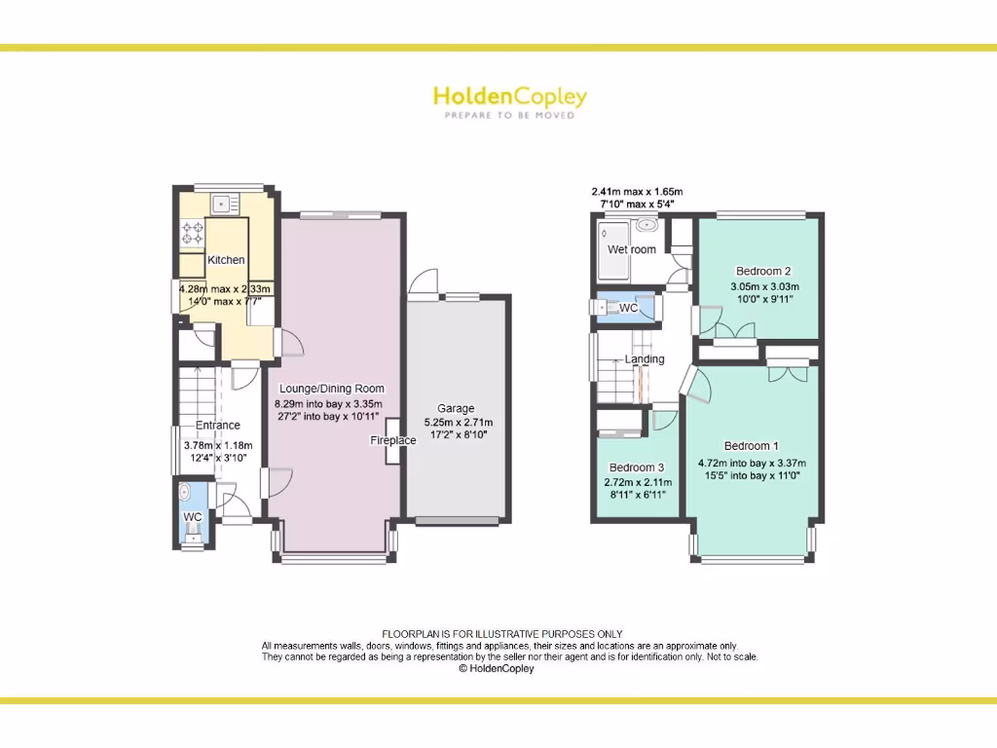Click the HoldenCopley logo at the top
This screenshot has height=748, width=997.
(509, 96)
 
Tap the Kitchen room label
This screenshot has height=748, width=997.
(226, 260)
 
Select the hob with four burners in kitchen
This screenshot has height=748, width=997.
(192, 232)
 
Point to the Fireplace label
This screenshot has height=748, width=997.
(392, 440)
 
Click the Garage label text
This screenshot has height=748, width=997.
(456, 408)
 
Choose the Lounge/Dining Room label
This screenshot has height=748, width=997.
(332, 389)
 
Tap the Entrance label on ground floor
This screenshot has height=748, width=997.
(218, 426)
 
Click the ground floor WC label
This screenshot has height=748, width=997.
(193, 516)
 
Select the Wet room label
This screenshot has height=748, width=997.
(632, 249)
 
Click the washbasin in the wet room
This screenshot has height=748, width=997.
(646, 226)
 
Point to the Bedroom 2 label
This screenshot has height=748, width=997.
(763, 271)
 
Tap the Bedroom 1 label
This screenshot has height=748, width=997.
(751, 447)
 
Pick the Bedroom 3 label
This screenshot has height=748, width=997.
(637, 467)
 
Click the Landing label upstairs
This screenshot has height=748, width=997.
(645, 359)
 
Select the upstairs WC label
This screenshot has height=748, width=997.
(629, 308)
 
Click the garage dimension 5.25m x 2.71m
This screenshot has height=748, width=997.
(458, 423)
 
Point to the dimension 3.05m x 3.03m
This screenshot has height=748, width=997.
(764, 286)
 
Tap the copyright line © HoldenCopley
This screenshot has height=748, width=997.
(496, 669)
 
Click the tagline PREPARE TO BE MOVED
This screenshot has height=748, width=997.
(509, 115)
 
